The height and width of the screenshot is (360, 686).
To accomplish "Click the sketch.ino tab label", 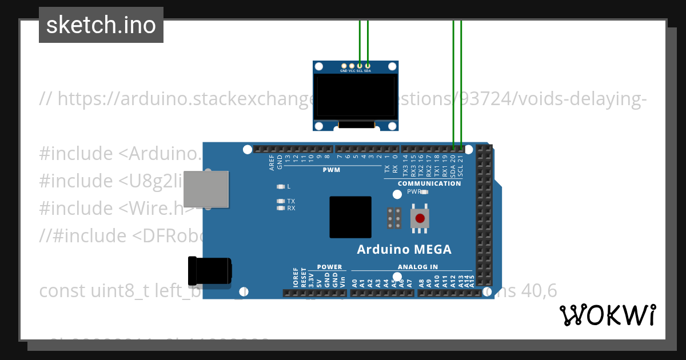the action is click(101, 25).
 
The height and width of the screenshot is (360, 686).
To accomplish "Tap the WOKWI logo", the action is click(607, 315).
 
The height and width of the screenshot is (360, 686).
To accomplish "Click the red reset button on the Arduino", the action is click(420, 218).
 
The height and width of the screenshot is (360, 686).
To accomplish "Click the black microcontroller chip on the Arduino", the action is click(350, 217).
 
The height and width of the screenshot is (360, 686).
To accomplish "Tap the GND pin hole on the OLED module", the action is click(344, 66).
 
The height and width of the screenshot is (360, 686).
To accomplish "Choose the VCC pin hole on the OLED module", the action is click(352, 66).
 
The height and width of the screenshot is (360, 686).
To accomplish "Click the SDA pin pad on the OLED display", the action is click(368, 66).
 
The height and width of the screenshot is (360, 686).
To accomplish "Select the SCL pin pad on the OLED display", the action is click(360, 66).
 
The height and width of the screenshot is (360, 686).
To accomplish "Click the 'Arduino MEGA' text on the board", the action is click(404, 250).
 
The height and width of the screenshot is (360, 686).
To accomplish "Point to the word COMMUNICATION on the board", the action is click(429, 183).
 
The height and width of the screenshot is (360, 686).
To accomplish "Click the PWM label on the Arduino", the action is click(331, 170).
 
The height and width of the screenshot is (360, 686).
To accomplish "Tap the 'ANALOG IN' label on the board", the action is click(418, 267).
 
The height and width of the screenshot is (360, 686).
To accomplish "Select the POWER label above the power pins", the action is click(329, 267).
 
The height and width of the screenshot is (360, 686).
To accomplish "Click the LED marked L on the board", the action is click(280, 186).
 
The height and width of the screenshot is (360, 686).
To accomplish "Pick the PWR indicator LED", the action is click(424, 192).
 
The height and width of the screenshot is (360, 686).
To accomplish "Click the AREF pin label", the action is click(272, 163).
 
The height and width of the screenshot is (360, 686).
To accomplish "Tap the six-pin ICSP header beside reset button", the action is click(394, 218).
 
